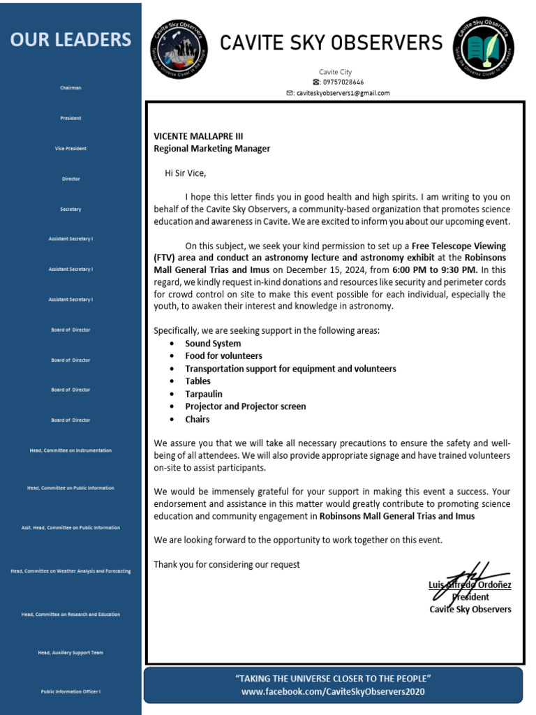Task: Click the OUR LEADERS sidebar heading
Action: point(70,39)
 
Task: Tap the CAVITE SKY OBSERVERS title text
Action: point(332,43)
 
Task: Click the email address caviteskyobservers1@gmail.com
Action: point(342,93)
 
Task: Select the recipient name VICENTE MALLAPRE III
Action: point(198,136)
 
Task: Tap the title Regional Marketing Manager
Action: point(211,149)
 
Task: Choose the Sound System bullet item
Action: point(213,344)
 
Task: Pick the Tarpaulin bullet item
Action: point(204,394)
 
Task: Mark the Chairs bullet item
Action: point(197,419)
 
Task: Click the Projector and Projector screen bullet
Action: point(245,406)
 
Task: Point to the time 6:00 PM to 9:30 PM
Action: point(434,270)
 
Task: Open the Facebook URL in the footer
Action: point(333,691)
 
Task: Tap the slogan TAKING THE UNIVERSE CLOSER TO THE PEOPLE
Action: point(333,679)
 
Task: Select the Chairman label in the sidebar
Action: point(70,88)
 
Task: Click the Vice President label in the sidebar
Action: point(70,149)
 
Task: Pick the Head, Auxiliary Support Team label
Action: point(70,652)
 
